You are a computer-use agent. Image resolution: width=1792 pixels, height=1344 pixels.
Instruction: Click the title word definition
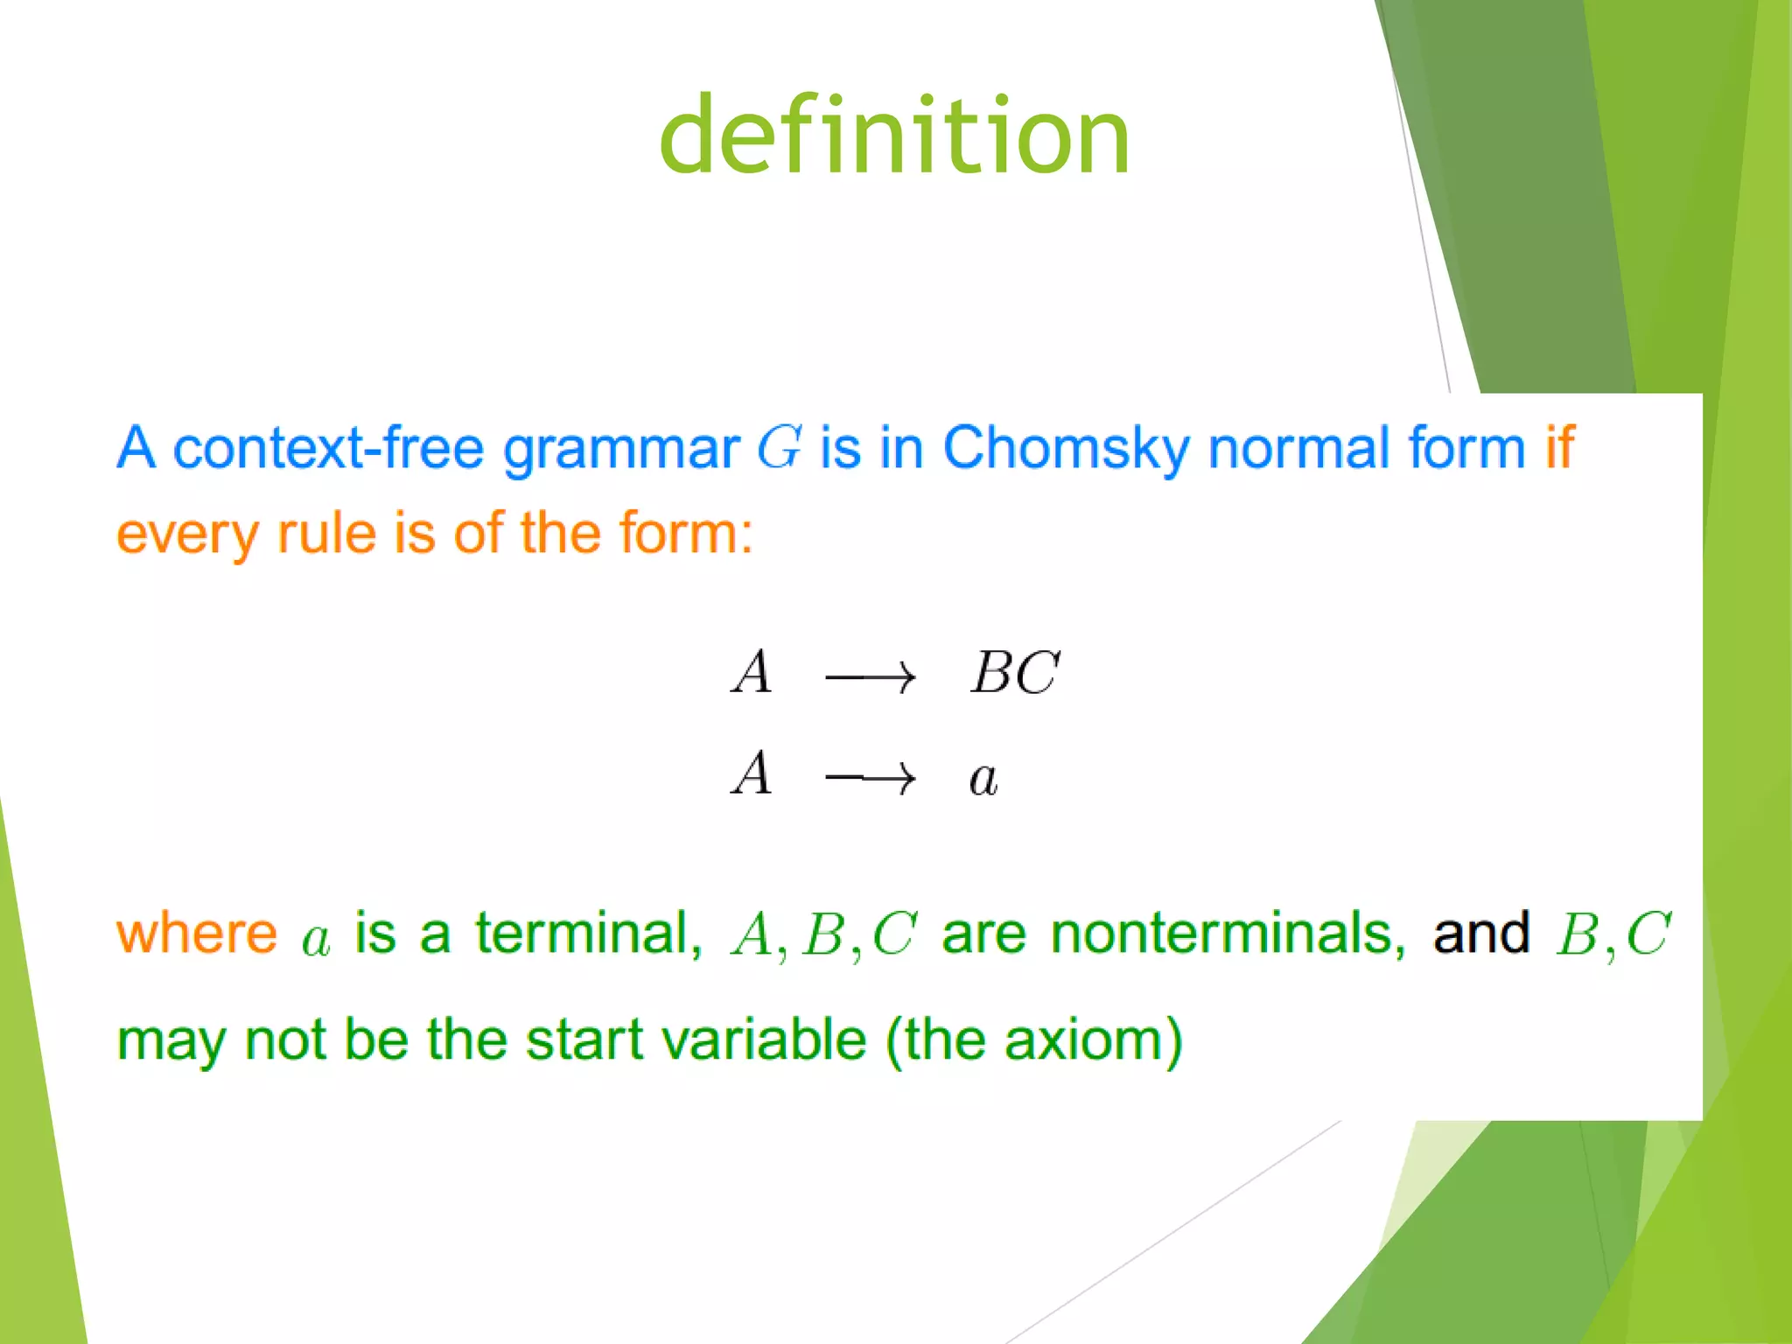(894, 136)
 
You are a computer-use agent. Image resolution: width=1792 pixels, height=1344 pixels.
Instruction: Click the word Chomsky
(1066, 448)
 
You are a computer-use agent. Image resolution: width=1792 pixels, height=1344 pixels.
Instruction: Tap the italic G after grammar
(779, 448)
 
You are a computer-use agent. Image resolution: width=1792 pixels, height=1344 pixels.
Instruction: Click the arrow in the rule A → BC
(871, 676)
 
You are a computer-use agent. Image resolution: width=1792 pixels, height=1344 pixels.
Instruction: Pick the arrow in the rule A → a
(871, 777)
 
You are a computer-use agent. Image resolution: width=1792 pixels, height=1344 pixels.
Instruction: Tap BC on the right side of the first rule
(1015, 673)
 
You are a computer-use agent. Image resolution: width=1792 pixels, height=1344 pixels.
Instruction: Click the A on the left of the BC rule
(752, 673)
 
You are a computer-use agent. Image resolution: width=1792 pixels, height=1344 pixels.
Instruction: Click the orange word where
(197, 934)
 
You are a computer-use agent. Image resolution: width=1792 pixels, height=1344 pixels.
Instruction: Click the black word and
(1481, 934)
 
